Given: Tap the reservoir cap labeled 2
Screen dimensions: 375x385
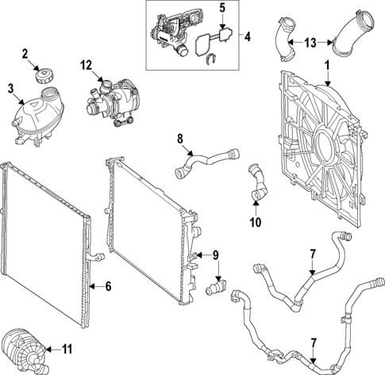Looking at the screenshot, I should click(x=42, y=78).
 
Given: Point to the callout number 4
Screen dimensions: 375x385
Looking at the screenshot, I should click(x=247, y=36).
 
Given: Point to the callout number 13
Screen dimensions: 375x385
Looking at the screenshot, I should click(x=310, y=41).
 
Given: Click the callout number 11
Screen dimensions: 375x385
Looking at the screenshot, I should click(x=67, y=346).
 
